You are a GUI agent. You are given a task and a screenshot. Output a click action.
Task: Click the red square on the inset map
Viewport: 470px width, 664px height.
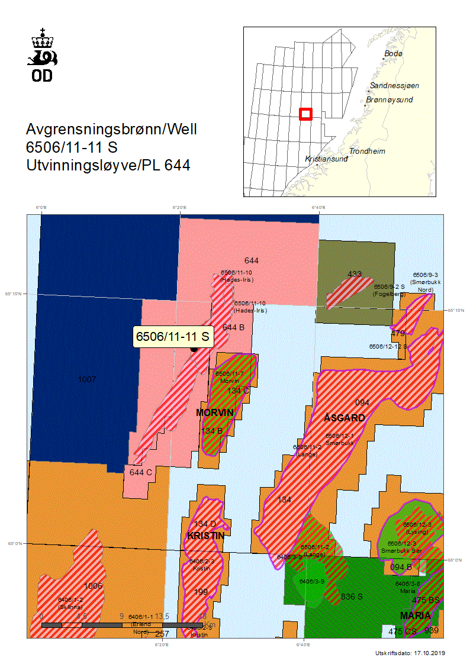tap(305, 114)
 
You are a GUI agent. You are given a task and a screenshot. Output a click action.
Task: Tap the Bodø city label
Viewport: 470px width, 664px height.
tap(393, 54)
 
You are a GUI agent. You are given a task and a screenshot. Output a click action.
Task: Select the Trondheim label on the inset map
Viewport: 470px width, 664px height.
tap(367, 152)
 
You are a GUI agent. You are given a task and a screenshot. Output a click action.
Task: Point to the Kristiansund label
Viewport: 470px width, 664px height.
tap(325, 159)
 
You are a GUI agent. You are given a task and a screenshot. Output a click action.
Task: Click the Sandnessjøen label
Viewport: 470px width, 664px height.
tap(390, 86)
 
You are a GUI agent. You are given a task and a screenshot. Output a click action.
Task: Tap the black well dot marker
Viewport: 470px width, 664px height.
tap(194, 349)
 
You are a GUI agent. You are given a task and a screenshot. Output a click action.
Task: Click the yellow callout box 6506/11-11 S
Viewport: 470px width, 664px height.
tap(173, 337)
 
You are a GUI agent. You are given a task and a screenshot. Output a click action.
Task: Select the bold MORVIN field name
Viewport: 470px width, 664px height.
tap(215, 412)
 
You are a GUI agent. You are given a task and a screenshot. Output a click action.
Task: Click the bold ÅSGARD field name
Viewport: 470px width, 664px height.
tap(345, 418)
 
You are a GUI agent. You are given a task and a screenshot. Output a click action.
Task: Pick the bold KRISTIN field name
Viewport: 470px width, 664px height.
tap(205, 536)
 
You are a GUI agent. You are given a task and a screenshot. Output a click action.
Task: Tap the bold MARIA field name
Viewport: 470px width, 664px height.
tap(416, 615)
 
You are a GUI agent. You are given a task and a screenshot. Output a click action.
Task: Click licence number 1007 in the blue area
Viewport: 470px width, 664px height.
tap(87, 379)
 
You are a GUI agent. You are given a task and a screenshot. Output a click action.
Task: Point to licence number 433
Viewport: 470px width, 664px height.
tap(355, 274)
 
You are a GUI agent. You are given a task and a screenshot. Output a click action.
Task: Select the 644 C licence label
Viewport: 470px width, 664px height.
tap(141, 472)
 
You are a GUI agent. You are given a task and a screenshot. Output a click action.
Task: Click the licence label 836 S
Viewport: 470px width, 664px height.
tap(352, 597)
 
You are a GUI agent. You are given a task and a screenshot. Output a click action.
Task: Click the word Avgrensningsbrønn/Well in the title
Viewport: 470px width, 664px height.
tap(111, 129)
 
